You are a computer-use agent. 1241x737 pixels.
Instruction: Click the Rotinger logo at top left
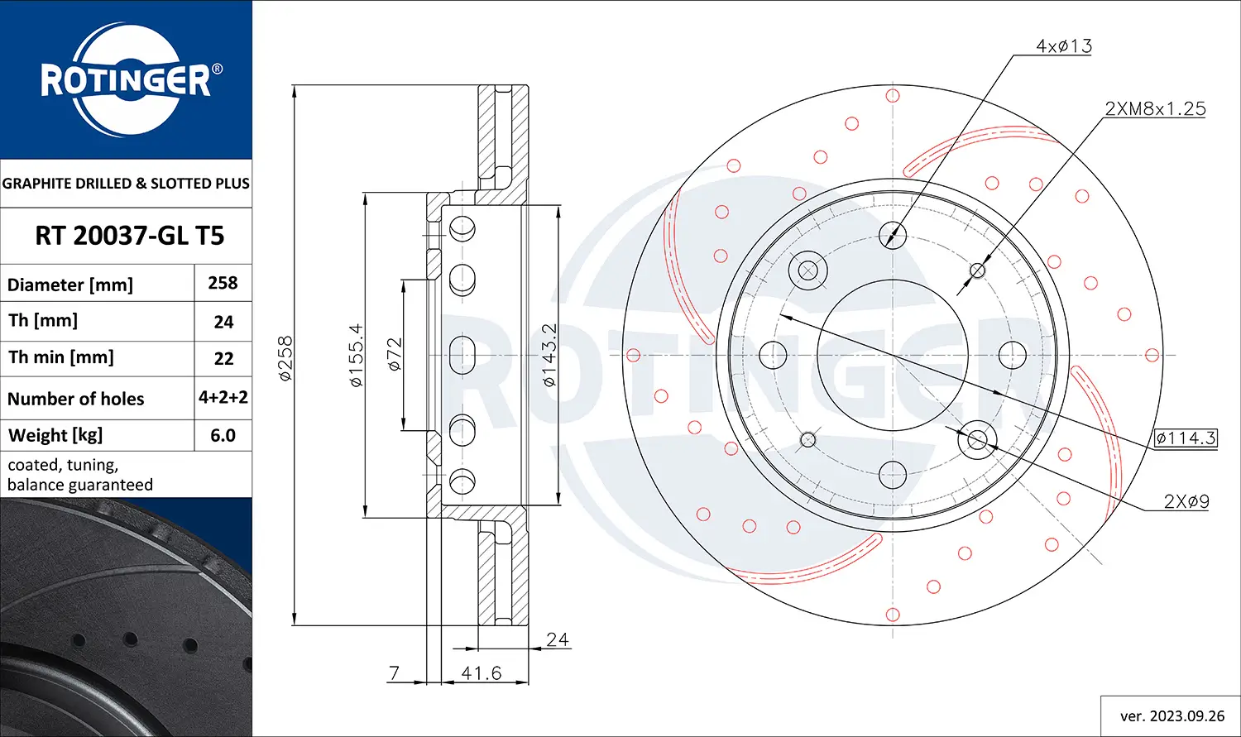127,80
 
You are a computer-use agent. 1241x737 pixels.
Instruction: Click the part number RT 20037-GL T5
129,236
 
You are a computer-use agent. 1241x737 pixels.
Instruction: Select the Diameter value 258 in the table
223,283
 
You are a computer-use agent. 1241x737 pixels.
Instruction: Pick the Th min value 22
223,359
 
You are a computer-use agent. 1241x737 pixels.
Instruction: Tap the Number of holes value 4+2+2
223,397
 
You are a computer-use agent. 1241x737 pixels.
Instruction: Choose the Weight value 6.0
223,435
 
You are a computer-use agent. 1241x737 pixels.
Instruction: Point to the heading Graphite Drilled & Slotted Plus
126,184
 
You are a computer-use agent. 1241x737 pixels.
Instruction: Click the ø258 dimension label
285,358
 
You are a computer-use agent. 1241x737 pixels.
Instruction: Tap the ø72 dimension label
395,354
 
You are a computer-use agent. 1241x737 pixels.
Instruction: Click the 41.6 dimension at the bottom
482,673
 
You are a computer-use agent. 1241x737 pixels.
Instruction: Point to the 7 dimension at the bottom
395,673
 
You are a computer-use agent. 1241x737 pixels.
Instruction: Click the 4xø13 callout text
1064,46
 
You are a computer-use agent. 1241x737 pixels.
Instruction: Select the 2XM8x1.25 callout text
1155,108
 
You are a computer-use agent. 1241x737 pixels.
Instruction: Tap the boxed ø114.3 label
1186,438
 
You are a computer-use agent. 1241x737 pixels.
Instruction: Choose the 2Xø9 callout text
1186,501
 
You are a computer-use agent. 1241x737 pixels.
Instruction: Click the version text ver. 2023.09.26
1172,716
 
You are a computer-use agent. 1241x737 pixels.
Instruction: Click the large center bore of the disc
893,355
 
